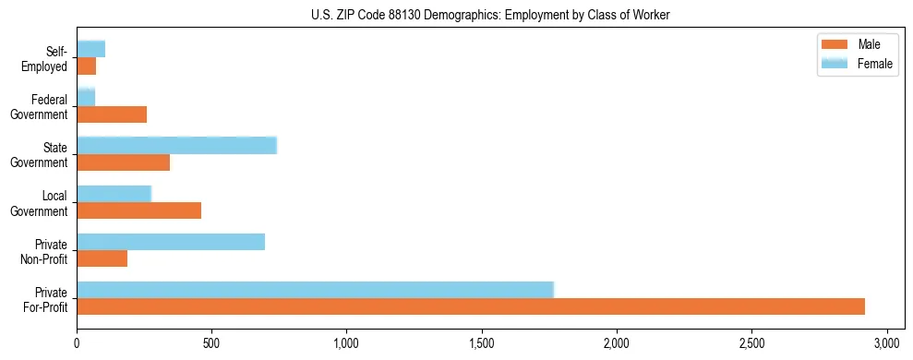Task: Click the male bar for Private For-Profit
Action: (x=471, y=306)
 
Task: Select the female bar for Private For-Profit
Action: (x=315, y=289)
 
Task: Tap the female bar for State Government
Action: (x=176, y=145)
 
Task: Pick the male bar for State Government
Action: (x=123, y=162)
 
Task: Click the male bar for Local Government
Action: (x=138, y=210)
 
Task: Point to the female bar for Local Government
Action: (x=114, y=193)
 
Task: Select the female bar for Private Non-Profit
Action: (x=171, y=242)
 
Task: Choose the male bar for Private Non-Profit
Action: (x=102, y=258)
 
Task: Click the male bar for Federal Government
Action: (x=112, y=114)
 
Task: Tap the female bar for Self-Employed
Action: (x=90, y=49)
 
